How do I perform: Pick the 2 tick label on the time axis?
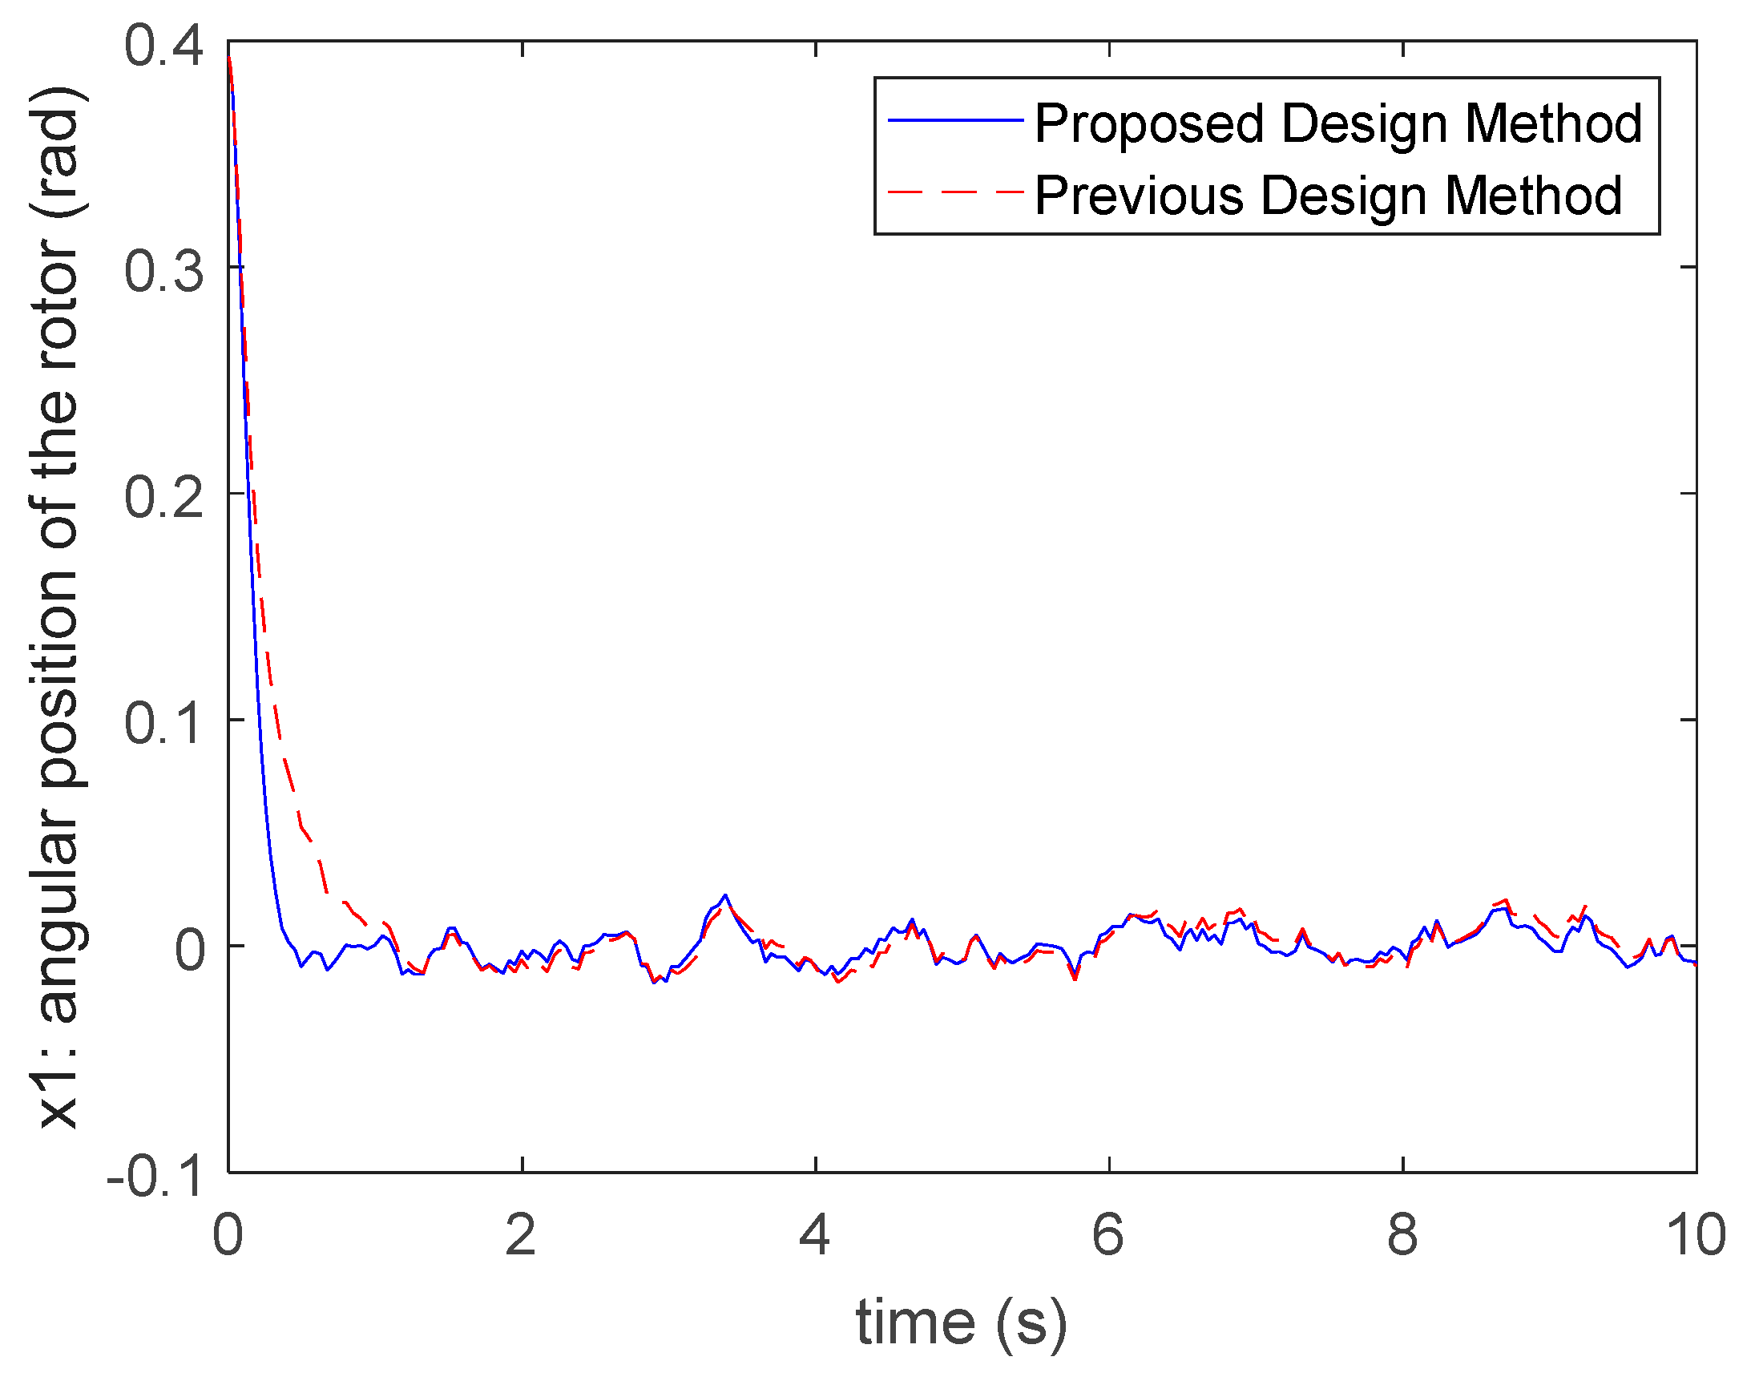click(x=521, y=1235)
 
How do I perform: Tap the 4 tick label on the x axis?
click(x=815, y=1235)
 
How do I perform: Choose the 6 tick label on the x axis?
click(x=1108, y=1235)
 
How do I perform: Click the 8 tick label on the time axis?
click(x=1402, y=1235)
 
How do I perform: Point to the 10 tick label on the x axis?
click(x=1695, y=1235)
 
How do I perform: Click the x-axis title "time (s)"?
click(x=962, y=1323)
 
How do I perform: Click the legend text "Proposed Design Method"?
click(x=1338, y=123)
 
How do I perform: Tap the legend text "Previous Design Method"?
click(x=1329, y=196)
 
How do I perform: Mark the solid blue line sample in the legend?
click(x=956, y=120)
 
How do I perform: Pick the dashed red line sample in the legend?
click(x=956, y=192)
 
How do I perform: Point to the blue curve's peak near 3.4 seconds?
click(x=725, y=895)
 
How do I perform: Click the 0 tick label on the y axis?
click(x=190, y=950)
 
